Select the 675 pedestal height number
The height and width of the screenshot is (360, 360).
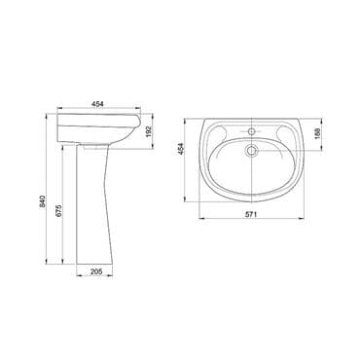pyautogui.click(x=58, y=210)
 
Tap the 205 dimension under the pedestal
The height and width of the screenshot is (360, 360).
pyautogui.click(x=96, y=271)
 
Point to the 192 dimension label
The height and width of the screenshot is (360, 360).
pyautogui.click(x=148, y=132)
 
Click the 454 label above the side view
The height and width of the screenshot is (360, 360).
pyautogui.click(x=97, y=104)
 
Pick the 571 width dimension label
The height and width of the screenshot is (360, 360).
pyautogui.click(x=250, y=214)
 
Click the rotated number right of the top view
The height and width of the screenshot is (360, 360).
pyautogui.click(x=317, y=133)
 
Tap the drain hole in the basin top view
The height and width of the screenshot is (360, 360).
pyautogui.click(x=251, y=151)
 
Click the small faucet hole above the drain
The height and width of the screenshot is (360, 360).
pyautogui.click(x=251, y=131)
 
